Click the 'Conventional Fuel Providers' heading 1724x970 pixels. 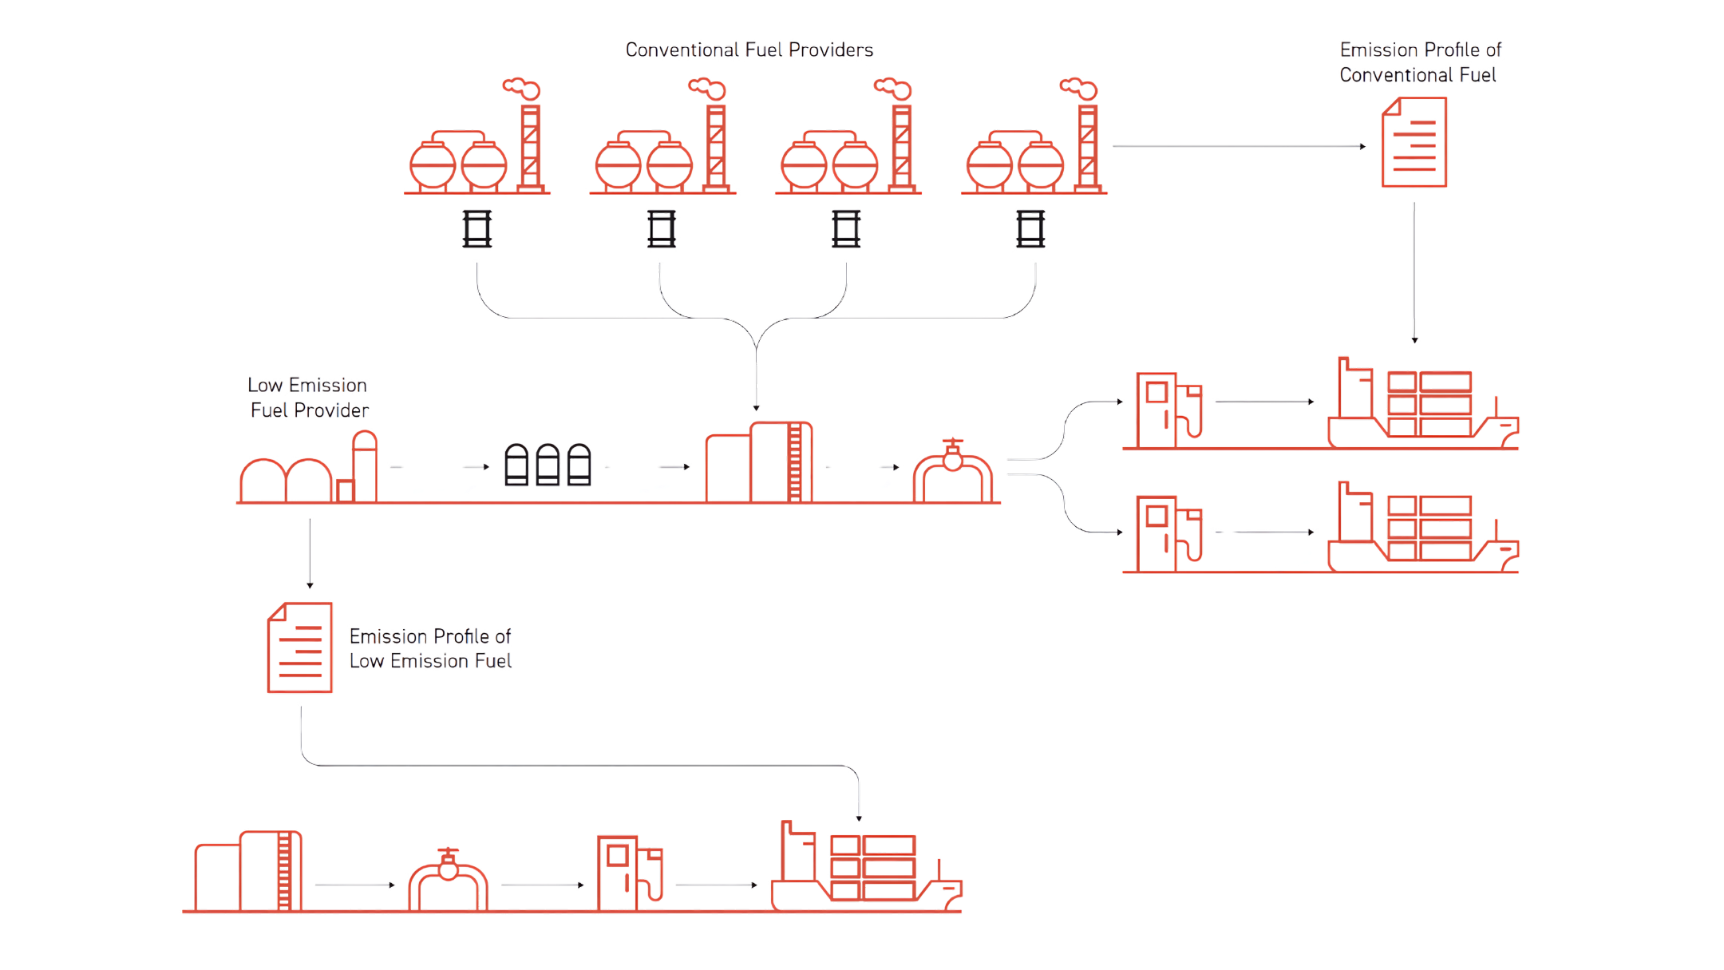tap(749, 50)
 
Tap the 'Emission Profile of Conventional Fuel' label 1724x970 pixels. tap(1420, 63)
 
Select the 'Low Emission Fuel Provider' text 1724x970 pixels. tap(308, 398)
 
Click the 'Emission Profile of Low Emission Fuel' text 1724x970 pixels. tap(430, 649)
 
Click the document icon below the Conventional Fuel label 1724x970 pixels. tap(1414, 143)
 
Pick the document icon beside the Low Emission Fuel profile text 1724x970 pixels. tap(299, 647)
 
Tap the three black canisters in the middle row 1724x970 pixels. tap(547, 465)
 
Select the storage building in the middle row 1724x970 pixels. tap(758, 463)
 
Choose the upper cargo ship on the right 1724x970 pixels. tap(1421, 403)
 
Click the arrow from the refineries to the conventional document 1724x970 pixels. tap(1237, 147)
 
